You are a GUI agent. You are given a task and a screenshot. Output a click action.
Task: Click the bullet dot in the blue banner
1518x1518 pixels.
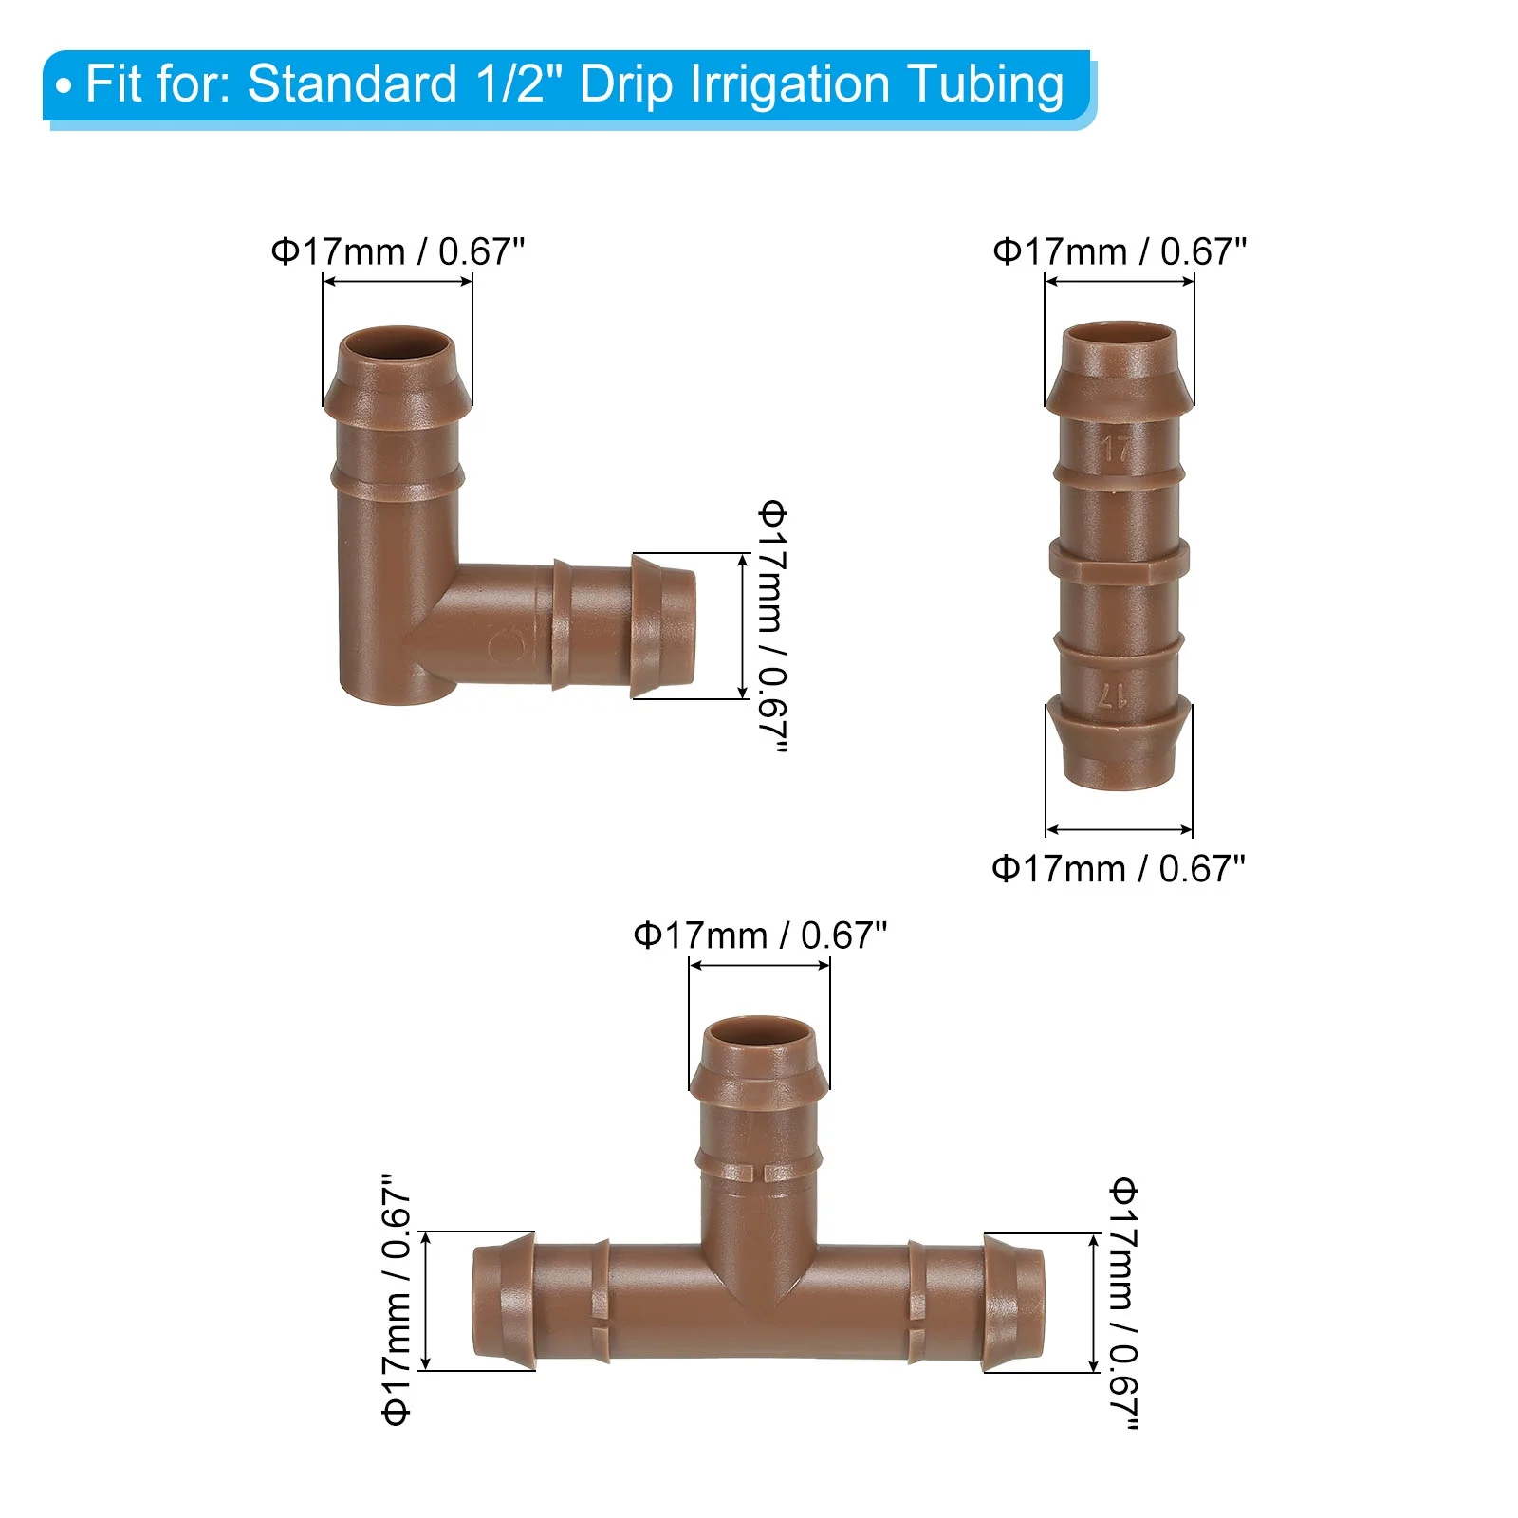(64, 87)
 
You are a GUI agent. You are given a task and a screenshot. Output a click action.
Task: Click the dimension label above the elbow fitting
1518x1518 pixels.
(398, 252)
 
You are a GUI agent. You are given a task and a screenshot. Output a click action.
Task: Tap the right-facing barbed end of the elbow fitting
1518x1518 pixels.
(664, 626)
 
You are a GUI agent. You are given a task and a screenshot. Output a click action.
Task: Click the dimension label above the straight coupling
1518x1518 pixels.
(1120, 252)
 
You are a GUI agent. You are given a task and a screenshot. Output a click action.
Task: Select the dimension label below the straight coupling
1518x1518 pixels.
(1118, 869)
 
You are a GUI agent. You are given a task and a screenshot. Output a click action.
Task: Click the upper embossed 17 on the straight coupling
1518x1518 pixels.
(1116, 448)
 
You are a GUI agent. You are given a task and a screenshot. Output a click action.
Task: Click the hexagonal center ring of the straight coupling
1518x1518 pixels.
(1119, 559)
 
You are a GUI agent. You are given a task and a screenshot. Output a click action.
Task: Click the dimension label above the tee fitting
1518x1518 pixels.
(760, 936)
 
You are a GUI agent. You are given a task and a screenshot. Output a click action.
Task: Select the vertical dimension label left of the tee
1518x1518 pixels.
(397, 1301)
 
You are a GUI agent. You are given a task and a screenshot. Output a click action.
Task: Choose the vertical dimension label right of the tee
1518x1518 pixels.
(1123, 1303)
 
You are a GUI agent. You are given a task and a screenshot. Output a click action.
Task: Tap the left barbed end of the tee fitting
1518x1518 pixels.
(503, 1302)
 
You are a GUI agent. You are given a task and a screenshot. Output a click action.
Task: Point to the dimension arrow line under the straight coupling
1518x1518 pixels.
(1119, 829)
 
